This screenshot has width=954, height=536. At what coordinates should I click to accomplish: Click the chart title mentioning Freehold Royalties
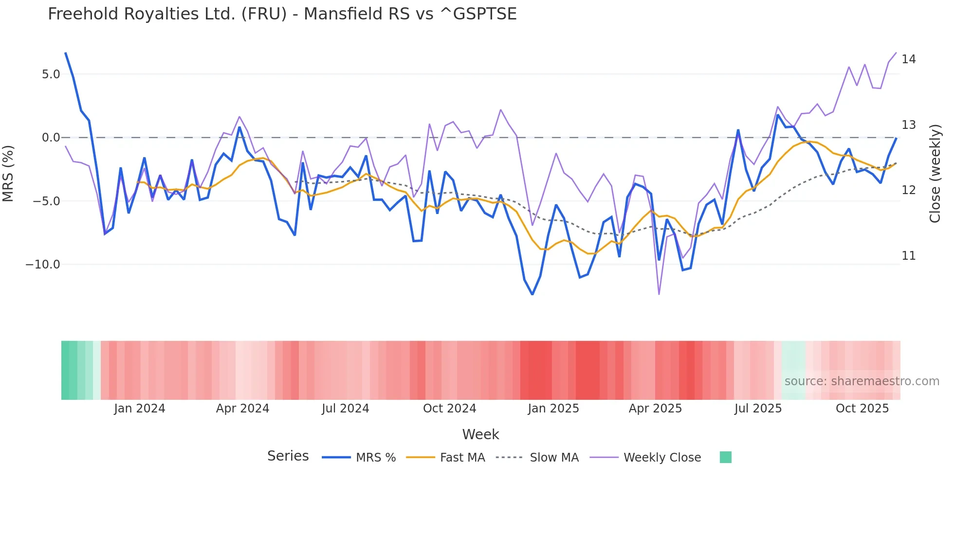(x=282, y=14)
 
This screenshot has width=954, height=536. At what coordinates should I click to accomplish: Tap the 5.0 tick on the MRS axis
(x=51, y=74)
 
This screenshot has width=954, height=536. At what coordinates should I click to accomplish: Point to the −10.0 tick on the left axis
(x=43, y=265)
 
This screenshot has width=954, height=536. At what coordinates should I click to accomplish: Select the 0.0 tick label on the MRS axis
(x=51, y=138)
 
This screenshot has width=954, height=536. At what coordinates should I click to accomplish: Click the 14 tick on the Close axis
(x=908, y=59)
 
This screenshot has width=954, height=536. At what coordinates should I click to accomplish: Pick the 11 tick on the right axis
(x=908, y=256)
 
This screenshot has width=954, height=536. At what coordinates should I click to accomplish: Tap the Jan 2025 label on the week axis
(x=553, y=409)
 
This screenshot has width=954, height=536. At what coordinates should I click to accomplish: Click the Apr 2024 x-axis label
(x=242, y=409)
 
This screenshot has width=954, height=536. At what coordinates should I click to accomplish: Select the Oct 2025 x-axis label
(x=862, y=409)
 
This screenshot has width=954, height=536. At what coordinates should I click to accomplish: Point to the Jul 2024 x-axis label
(x=345, y=409)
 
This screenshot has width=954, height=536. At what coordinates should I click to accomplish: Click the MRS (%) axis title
(x=8, y=174)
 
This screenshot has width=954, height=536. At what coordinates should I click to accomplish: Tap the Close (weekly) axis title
(x=935, y=174)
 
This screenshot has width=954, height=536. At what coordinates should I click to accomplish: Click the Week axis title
(x=480, y=434)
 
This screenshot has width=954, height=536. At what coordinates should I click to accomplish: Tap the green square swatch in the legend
(x=725, y=457)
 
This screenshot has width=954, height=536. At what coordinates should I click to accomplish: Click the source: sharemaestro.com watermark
(x=862, y=381)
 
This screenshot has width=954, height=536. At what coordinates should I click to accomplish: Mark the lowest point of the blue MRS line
(x=532, y=294)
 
